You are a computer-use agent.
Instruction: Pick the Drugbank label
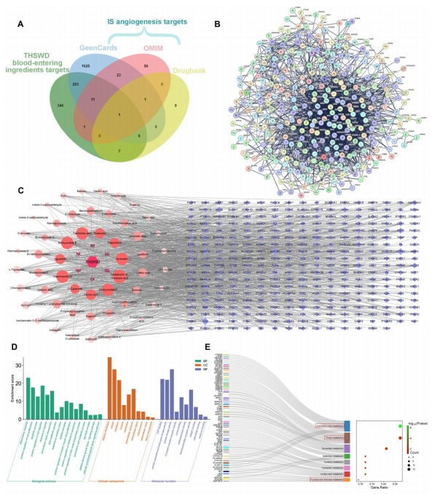pos(192,73)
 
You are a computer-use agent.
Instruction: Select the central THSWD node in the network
pos(91,261)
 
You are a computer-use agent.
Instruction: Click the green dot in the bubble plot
pos(401,426)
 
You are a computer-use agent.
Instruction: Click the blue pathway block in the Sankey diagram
pos(350,426)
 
